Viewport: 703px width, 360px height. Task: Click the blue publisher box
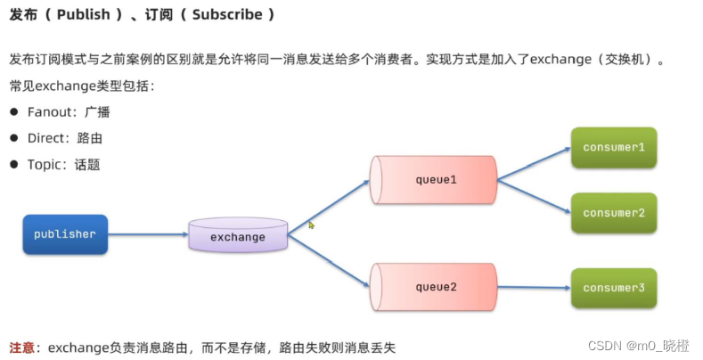click(x=65, y=234)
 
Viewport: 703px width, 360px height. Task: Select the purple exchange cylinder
click(x=238, y=236)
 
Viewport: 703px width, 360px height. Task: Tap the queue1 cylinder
click(x=434, y=180)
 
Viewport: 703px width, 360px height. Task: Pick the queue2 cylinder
click(x=434, y=287)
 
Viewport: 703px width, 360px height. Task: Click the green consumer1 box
click(x=614, y=146)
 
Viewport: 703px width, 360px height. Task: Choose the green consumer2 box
click(x=614, y=213)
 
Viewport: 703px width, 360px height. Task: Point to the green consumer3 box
click(x=614, y=288)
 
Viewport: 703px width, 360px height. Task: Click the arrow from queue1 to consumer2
click(x=533, y=196)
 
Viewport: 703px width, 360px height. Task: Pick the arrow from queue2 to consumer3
click(x=533, y=287)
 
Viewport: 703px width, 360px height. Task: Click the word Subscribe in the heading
click(x=227, y=15)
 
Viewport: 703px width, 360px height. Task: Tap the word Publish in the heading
click(x=81, y=15)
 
